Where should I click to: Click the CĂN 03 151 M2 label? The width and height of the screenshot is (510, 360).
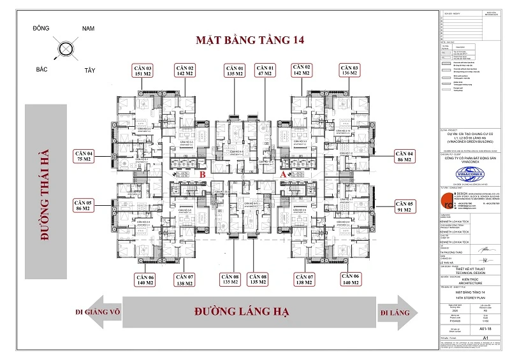pos(143,70)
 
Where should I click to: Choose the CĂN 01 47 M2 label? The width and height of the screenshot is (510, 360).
pos(265,70)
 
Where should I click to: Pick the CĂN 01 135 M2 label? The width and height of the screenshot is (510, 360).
pos(235,70)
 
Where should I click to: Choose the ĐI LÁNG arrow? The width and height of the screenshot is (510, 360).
pos(393,313)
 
